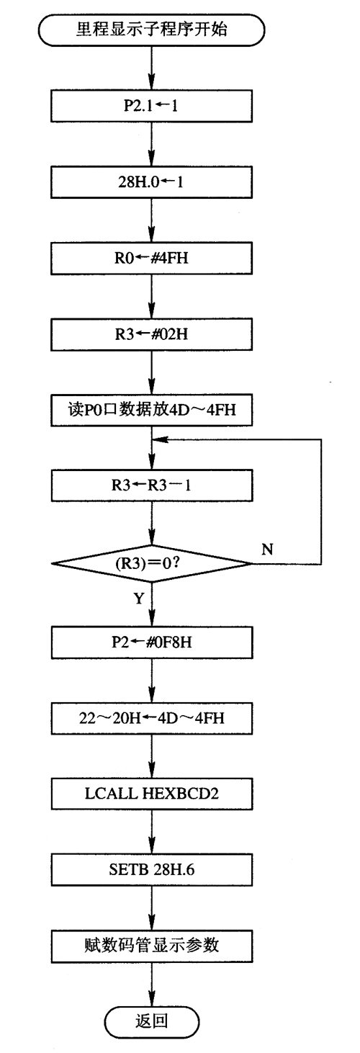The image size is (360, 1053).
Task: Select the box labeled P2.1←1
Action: click(151, 107)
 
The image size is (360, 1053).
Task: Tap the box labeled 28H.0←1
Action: click(151, 182)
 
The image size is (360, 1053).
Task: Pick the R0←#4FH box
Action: click(151, 258)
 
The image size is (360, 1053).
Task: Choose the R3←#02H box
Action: click(151, 334)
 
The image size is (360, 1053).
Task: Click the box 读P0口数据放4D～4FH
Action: click(151, 411)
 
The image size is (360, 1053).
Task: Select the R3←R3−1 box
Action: click(151, 485)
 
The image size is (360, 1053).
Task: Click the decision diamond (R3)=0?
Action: click(151, 563)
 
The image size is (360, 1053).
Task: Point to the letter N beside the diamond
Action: click(267, 549)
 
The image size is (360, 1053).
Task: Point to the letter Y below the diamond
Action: click(139, 599)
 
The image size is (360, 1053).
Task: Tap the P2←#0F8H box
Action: click(151, 642)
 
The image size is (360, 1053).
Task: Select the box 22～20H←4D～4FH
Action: click(151, 718)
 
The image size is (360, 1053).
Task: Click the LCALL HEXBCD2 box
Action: click(151, 794)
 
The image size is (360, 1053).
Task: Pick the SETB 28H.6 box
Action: click(151, 869)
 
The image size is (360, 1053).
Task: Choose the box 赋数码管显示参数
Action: click(151, 946)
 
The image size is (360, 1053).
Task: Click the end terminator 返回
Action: click(151, 1021)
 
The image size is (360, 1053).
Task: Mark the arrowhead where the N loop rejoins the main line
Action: click(160, 439)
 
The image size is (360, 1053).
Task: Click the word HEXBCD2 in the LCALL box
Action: click(180, 794)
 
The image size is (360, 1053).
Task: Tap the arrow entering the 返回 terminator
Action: click(151, 984)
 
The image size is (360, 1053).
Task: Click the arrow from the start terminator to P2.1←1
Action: click(151, 68)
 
